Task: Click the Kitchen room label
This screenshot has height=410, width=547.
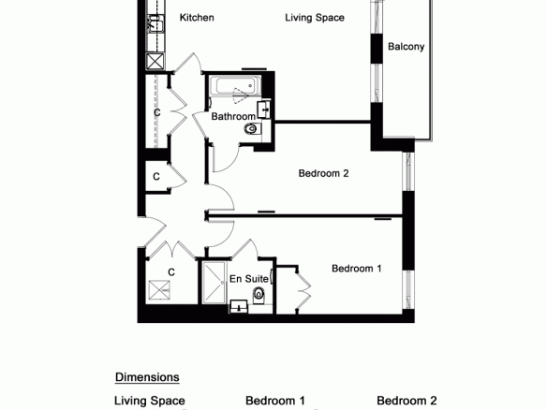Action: tap(197, 18)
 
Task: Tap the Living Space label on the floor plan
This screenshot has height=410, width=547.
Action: tap(315, 18)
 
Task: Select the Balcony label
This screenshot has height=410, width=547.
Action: tap(407, 47)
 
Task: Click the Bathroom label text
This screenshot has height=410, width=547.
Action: tap(233, 116)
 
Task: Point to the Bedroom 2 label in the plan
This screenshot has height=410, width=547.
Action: tap(323, 173)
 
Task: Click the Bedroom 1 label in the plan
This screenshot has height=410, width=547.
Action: tap(357, 269)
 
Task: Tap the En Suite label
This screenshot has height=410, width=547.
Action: tap(249, 279)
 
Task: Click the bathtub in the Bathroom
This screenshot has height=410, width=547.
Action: tap(235, 85)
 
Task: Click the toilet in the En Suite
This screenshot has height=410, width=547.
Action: tap(259, 295)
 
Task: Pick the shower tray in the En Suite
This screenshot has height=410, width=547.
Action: tap(214, 282)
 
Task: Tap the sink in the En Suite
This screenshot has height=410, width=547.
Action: tap(239, 307)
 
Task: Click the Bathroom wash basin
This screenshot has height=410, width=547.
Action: tap(264, 110)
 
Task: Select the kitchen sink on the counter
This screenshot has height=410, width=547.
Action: tap(155, 24)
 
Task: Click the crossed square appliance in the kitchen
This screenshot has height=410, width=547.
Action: tap(155, 62)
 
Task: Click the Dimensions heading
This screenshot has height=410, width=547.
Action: tap(147, 377)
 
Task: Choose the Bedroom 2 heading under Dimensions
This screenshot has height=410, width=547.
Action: tap(407, 401)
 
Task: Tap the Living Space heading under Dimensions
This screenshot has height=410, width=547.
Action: tap(150, 401)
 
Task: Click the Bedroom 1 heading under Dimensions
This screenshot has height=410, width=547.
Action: tap(275, 401)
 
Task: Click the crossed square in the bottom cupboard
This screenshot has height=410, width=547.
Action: tap(159, 290)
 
